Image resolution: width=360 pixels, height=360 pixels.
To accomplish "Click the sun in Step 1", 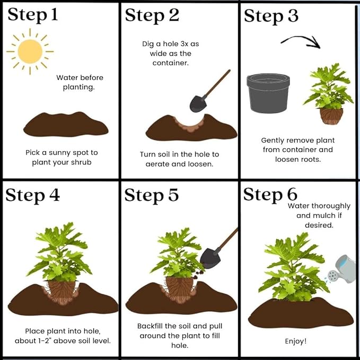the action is pos(30,51).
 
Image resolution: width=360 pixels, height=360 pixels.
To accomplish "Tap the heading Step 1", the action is pos(32,15).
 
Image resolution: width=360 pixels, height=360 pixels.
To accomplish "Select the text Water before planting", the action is pos(80,82).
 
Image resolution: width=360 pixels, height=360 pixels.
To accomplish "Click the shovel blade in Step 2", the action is pos(198,104).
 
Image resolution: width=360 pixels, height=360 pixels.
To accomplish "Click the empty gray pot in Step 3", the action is pos(268,93).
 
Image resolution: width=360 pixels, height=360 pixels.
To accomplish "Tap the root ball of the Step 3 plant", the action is pos(331,116).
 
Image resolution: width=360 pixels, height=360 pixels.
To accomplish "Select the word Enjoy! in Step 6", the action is pos(296,341).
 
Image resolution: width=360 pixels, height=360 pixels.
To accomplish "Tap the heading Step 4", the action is pos(32,196).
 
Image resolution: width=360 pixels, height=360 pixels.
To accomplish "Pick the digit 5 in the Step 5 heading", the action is pos(173,195).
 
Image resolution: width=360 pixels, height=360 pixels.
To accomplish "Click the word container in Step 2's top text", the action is pos(171,63).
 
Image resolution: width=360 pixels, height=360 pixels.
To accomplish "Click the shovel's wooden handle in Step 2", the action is pos(216,84).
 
